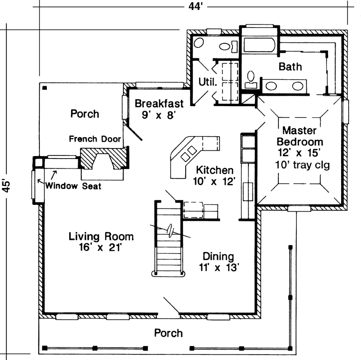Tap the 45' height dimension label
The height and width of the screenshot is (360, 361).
pos(6,185)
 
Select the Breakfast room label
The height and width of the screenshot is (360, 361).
pos(159,104)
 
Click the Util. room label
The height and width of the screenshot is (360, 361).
pos(207,81)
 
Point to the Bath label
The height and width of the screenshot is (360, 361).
pos(290,67)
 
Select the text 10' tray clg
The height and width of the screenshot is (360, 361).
pos(301,165)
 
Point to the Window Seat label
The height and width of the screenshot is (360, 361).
pos(73,186)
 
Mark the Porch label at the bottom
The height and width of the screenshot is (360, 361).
pos(168,333)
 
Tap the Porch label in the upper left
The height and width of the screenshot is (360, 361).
pos(84,114)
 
